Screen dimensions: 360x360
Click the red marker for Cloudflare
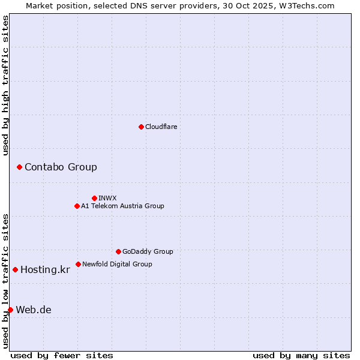141,127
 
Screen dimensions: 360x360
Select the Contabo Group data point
19,167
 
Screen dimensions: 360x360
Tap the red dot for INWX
94,198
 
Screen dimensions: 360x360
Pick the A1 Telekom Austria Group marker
77,206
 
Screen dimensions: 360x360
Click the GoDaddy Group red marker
118,251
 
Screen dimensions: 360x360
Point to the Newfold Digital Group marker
78,264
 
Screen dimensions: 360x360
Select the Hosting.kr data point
15,269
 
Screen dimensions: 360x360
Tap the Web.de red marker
10,310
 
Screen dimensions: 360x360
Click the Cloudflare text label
161,127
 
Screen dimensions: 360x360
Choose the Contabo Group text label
61,167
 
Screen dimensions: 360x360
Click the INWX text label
107,198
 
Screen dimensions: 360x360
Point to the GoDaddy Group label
148,251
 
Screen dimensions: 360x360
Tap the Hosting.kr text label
45,269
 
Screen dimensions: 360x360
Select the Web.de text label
34,310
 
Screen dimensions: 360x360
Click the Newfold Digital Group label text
117,264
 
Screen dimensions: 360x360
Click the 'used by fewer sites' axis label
62,355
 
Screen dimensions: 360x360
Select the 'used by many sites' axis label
301,355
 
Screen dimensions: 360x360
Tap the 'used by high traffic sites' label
6,85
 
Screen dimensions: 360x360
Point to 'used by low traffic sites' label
6,281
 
